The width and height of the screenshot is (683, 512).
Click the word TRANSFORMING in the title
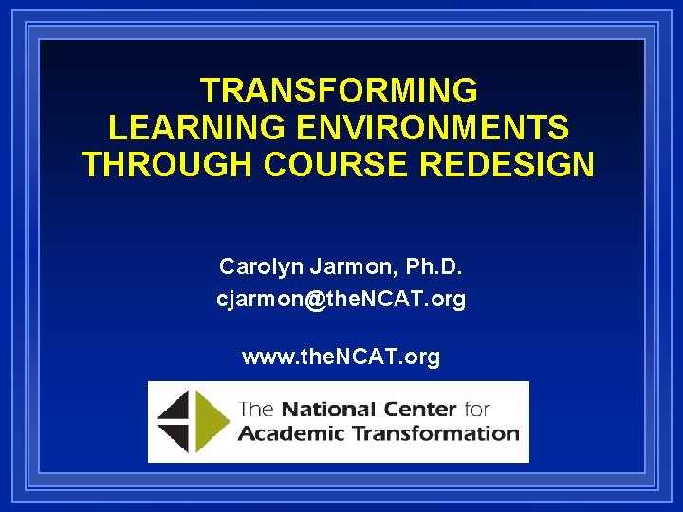[x=339, y=91]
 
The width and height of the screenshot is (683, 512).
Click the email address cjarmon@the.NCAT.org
[x=341, y=300]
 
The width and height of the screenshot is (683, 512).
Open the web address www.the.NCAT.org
[x=341, y=357]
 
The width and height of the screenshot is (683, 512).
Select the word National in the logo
[x=326, y=411]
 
